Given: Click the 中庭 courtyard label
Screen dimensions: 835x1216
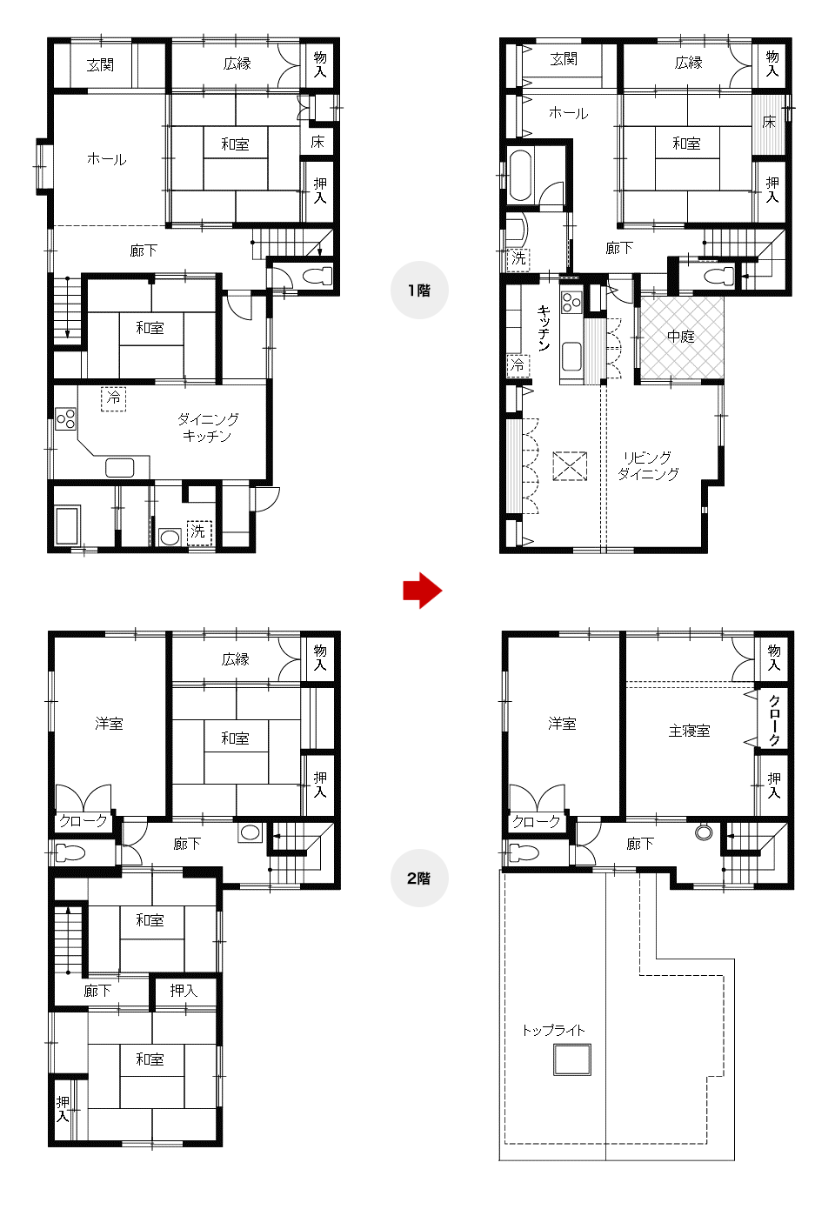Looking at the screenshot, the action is [x=680, y=337].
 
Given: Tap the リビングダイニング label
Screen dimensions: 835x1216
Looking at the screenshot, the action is [x=648, y=465].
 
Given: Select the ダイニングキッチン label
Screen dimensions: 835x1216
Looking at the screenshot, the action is [x=208, y=427].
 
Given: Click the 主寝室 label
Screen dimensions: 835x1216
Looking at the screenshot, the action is [x=689, y=731].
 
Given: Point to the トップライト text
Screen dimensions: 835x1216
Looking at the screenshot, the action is [x=554, y=1030].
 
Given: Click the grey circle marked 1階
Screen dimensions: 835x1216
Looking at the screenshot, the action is [x=419, y=290].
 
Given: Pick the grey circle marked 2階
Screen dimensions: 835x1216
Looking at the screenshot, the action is [x=419, y=878].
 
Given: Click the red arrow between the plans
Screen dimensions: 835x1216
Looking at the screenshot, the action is [x=423, y=590].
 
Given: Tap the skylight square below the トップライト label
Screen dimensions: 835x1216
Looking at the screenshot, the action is [x=572, y=1059].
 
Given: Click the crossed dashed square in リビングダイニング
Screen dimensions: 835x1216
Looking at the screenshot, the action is [x=570, y=465].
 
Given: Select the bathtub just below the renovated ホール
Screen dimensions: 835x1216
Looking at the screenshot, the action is [x=520, y=176].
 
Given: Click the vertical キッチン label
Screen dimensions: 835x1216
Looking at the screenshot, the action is [x=544, y=328].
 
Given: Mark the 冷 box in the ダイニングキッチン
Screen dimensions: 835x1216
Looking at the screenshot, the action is [x=113, y=399].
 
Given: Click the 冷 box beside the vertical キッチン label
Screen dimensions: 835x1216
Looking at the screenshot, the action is [x=518, y=364].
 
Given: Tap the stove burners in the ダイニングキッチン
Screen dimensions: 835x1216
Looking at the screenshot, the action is [x=66, y=418].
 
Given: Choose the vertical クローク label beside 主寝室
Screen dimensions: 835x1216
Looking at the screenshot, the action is [x=774, y=720].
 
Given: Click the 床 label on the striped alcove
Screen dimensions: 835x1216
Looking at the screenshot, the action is [x=769, y=122].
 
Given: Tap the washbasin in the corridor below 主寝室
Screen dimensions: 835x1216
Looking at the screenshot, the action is [x=704, y=832].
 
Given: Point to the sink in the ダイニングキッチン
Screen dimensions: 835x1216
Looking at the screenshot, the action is [x=119, y=467].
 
